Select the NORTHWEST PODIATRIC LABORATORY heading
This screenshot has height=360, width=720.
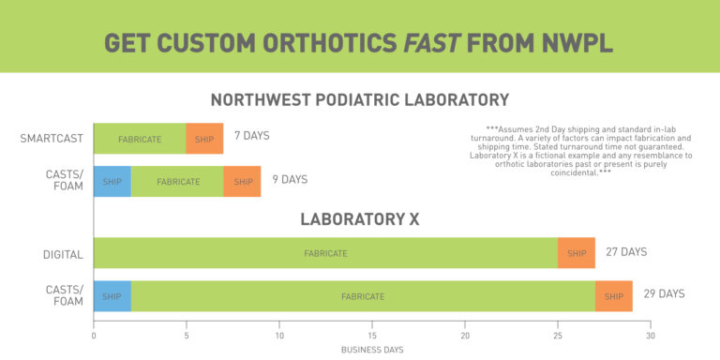(x=359, y=100)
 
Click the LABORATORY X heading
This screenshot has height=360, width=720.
(x=359, y=219)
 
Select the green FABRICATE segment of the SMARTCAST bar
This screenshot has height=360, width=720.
(x=140, y=139)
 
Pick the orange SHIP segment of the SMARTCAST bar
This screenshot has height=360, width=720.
(x=204, y=139)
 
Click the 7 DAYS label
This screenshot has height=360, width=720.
(x=251, y=136)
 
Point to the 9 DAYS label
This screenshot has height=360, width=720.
(x=290, y=179)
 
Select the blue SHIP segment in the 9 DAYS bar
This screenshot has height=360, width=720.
(x=112, y=181)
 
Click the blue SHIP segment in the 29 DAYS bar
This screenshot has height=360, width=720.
(x=112, y=296)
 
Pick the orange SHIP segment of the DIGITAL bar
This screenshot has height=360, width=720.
(x=577, y=253)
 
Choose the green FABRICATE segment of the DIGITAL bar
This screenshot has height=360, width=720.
(x=325, y=253)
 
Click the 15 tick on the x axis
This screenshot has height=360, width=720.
(x=372, y=336)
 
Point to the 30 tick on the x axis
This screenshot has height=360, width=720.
(x=651, y=336)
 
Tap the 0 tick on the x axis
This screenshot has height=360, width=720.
(x=94, y=336)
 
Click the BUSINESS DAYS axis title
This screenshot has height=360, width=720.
(x=372, y=349)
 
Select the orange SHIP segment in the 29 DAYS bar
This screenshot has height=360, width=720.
(x=614, y=296)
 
